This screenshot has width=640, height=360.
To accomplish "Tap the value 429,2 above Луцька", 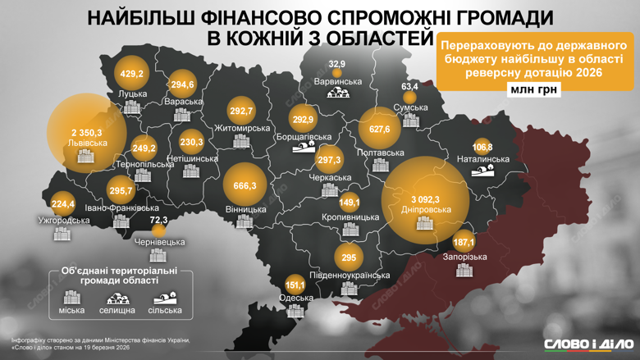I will [132, 74].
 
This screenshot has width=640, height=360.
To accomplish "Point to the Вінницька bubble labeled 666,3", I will [245, 186].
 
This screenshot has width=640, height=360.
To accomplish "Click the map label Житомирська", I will [241, 129].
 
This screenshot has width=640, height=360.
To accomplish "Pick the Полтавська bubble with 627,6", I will [380, 130].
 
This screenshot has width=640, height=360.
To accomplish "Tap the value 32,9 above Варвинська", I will [337, 64].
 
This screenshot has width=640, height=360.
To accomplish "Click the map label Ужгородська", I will [64, 220].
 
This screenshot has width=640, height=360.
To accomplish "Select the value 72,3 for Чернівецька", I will [158, 221].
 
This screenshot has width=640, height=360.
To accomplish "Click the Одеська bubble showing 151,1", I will [295, 285].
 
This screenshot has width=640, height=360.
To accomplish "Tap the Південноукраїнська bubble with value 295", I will [347, 257].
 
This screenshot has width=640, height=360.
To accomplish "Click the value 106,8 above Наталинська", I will [482, 146].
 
